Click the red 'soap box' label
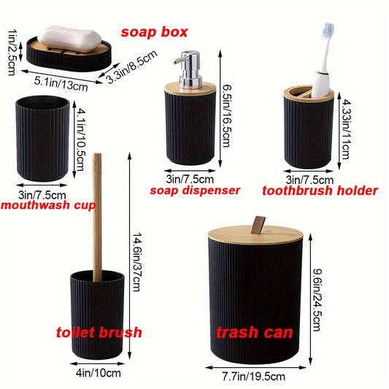(154, 32)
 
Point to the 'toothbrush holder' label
(320, 190)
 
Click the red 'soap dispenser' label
(195, 190)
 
